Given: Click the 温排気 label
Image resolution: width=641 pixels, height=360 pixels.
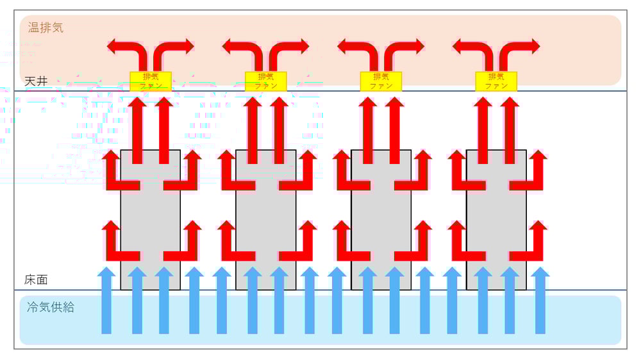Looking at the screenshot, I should (x=46, y=28).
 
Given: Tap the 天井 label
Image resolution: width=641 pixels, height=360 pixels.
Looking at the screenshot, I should (x=36, y=81).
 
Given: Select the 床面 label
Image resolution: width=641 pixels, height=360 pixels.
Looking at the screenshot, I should (x=36, y=280).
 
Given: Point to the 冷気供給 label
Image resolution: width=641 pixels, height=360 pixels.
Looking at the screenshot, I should (x=51, y=307).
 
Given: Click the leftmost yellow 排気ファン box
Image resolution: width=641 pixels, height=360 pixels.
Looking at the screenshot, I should (x=151, y=81).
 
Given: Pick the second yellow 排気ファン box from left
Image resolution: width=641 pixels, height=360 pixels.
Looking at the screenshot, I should (x=265, y=81).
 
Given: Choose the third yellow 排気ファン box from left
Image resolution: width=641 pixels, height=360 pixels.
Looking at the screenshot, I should (x=381, y=81).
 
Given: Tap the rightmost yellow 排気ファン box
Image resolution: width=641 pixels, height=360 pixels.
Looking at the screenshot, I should (x=496, y=81).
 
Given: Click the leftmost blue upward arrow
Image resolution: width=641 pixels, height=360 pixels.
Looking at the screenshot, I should (x=106, y=301).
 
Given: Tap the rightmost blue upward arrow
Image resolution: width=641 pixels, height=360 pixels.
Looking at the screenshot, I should (x=540, y=301).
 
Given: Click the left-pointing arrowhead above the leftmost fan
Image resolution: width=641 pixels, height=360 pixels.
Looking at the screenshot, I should (x=113, y=46).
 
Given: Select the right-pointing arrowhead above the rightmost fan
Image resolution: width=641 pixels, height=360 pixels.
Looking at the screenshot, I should (x=533, y=46).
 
